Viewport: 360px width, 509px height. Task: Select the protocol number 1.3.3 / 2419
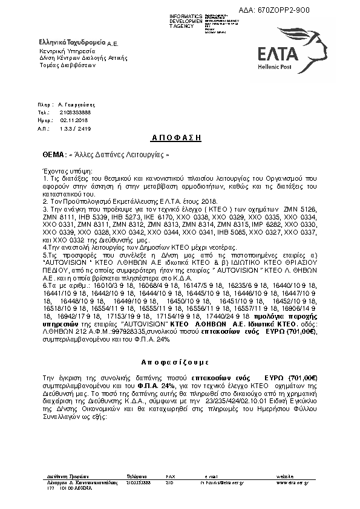(x=76, y=129)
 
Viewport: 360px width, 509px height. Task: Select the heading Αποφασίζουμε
(x=180, y=362)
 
